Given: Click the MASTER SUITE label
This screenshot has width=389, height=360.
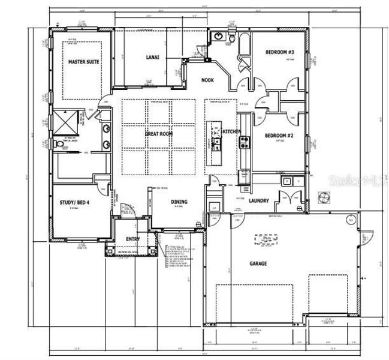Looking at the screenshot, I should coord(83,62).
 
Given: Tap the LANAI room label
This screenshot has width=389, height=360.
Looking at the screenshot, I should coord(152,58).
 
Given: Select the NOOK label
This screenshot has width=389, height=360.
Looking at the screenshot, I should coord(207,80).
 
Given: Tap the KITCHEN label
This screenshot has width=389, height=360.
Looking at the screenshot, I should coord(231,131).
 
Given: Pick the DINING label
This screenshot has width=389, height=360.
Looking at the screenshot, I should coord(179,202).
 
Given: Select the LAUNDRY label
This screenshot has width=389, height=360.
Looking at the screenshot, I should coord(259,201).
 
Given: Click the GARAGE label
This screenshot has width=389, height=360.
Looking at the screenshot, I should coord(258,263).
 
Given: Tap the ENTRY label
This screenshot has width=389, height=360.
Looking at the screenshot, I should coord(132,239).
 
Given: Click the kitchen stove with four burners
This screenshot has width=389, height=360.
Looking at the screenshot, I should coord(245,142).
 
